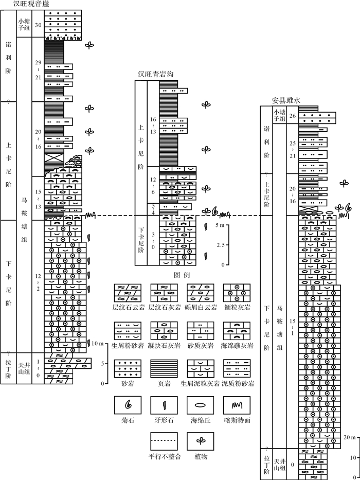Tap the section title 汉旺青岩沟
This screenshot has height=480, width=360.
coord(155,74)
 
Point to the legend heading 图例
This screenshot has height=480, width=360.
coord(183,275)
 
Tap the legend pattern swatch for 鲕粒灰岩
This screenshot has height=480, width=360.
coord(236,293)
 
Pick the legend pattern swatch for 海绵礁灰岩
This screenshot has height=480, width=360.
coord(236,331)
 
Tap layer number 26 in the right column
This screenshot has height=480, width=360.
coord(293,116)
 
